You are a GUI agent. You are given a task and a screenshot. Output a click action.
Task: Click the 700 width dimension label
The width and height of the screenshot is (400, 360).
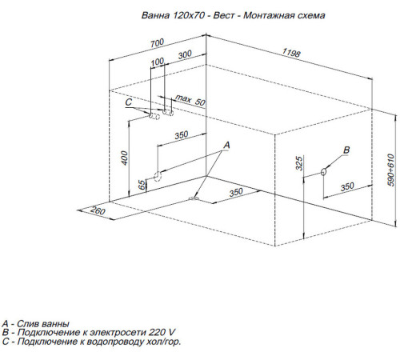tap(157, 43)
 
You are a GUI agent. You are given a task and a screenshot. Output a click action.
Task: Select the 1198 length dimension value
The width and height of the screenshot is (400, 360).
tap(291, 53)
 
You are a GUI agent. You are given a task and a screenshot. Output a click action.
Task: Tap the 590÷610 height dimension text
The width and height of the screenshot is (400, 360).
tap(390, 170)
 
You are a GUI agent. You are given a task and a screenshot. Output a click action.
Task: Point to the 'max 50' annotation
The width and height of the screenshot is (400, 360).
tap(190, 100)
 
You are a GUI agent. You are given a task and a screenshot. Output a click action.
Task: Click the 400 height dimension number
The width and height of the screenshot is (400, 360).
tap(125, 158)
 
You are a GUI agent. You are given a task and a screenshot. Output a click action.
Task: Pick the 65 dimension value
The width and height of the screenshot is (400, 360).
tap(142, 185)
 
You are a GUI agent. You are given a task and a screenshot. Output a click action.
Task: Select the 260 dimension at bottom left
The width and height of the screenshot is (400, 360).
tap(98, 210)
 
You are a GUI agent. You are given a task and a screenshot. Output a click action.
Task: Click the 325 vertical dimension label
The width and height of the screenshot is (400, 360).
tap(299, 163)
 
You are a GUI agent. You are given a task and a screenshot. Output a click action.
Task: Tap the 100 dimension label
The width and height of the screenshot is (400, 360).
tap(157, 62)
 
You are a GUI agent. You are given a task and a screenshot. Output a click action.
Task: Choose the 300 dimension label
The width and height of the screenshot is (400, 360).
tap(185, 54)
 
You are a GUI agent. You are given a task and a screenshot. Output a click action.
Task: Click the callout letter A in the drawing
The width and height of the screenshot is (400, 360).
tap(226, 146)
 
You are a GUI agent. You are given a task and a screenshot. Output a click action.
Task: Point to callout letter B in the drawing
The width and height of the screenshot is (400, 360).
tap(346, 150)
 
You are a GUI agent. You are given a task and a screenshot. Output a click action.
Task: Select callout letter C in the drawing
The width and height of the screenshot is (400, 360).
tap(129, 102)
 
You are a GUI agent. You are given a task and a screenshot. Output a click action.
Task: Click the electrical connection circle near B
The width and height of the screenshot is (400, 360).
tap(323, 171)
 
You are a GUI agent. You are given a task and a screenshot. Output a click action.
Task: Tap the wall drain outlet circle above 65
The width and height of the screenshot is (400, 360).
tap(158, 176)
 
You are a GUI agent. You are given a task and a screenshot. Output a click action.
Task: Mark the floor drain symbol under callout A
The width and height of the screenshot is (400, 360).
tap(194, 198)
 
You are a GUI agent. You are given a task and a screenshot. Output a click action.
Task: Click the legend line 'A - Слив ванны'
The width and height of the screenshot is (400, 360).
tap(35, 324)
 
